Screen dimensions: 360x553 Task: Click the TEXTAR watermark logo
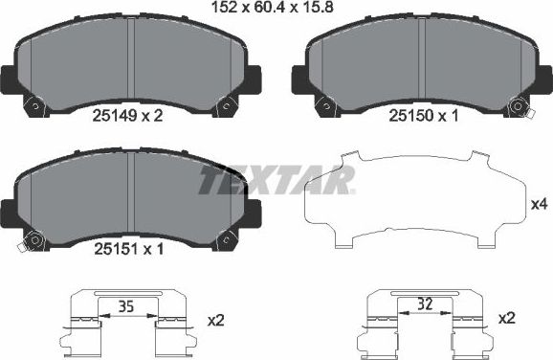276,179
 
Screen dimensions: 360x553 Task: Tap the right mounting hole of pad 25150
518,107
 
